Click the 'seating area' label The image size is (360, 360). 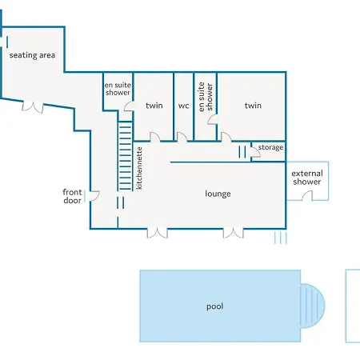pyautogui.click(x=32, y=55)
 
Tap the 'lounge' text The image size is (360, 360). pyautogui.click(x=218, y=194)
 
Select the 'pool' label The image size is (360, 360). pyautogui.click(x=215, y=306)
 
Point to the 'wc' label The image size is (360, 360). pyautogui.click(x=183, y=106)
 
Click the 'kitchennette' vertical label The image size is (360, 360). pyautogui.click(x=139, y=168)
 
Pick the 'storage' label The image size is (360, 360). pyautogui.click(x=270, y=147)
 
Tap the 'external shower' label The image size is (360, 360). pyautogui.click(x=307, y=178)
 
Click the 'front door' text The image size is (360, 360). pyautogui.click(x=72, y=196)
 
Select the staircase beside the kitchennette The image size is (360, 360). pyautogui.click(x=125, y=156)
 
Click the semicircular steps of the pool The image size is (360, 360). pyautogui.click(x=313, y=306)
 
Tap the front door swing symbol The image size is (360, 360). pyautogui.click(x=94, y=196)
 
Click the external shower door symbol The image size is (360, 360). pyautogui.click(x=307, y=195)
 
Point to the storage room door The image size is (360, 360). pyautogui.click(x=255, y=152)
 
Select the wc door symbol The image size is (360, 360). pyautogui.click(x=182, y=137)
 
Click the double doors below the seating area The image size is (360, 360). pyautogui.click(x=33, y=106)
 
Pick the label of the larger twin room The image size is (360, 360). pyautogui.click(x=253, y=106)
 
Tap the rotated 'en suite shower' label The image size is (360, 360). pyautogui.click(x=206, y=97)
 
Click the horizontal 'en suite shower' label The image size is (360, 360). pyautogui.click(x=118, y=89)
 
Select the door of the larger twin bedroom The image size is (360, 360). pyautogui.click(x=226, y=137)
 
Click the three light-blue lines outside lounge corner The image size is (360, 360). pyautogui.click(x=281, y=238)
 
